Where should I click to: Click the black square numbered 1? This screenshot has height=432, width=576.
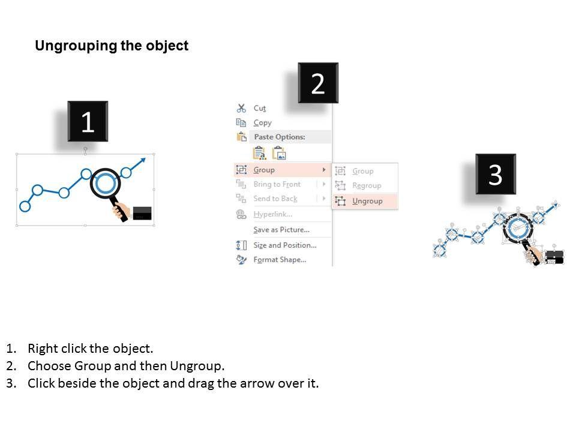pos(88,121)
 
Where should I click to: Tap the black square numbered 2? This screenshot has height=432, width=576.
pos(318,83)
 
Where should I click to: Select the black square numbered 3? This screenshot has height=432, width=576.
pos(496,174)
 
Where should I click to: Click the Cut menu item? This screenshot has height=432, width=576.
pos(259,109)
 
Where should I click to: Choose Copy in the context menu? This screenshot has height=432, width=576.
pos(262,123)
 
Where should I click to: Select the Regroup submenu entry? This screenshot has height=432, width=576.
pos(367,185)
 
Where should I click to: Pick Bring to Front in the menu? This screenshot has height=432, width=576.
pos(277,184)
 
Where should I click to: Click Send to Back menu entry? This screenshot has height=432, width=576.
pos(275,199)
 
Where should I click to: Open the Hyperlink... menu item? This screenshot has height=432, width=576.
pos(272,214)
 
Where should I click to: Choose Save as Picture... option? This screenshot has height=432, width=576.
pos(281,230)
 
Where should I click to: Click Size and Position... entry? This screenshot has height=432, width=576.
pos(284,245)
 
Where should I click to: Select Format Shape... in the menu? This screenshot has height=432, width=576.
pos(280,260)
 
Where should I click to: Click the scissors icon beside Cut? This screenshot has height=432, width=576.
pos(241,108)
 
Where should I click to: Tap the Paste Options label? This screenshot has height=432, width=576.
pos(280,137)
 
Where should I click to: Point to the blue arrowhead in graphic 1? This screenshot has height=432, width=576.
pos(142,161)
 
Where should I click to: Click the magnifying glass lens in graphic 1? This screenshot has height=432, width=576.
pos(106,183)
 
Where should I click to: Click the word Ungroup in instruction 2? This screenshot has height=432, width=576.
pos(196,366)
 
